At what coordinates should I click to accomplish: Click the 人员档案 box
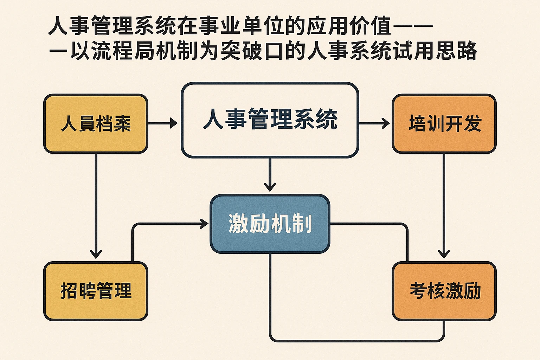96,124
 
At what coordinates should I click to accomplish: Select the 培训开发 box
444,124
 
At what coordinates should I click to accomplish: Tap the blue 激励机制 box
270,224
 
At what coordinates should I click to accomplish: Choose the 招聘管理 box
96,291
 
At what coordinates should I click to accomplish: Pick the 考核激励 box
444,291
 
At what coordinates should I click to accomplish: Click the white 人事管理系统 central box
270,120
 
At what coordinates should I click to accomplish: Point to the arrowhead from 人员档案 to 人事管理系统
174,123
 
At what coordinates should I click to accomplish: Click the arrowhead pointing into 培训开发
386,123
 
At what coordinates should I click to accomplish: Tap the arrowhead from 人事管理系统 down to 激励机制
270,186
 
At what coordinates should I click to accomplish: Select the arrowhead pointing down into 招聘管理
96,254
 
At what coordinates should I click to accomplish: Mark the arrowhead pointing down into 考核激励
444,254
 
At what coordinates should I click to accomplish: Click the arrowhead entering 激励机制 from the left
204,224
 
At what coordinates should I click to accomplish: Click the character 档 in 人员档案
104,124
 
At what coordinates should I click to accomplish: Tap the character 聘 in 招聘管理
87,291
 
